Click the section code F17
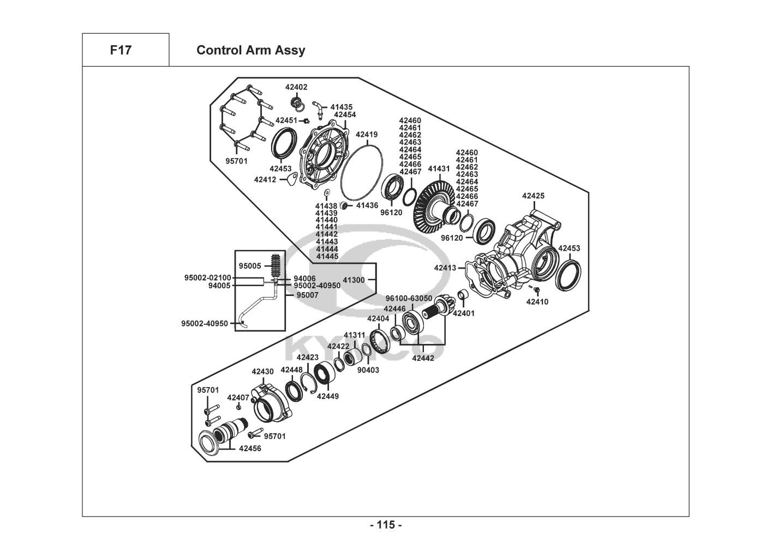[121, 50]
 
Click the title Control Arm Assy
[250, 50]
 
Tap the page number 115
[386, 525]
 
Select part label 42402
[296, 87]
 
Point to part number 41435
[342, 107]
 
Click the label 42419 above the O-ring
[367, 134]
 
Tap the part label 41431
[439, 169]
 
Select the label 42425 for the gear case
[533, 196]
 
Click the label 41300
[354, 280]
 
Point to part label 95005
[250, 266]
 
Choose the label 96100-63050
[409, 298]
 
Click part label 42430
[262, 372]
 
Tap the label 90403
[368, 370]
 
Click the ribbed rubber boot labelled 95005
[277, 267]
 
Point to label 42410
[537, 301]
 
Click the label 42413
[445, 268]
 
